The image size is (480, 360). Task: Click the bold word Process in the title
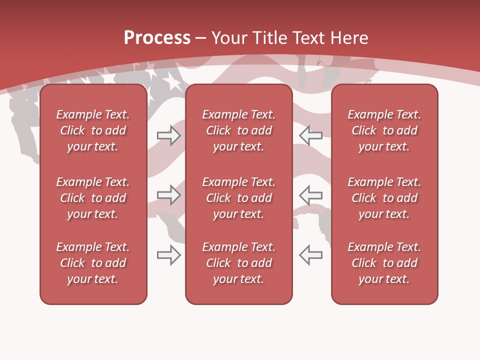[x=157, y=38]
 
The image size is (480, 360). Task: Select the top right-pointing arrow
[x=168, y=135]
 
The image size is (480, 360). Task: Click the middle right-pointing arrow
[x=168, y=194]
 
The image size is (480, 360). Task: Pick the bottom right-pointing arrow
[x=168, y=254]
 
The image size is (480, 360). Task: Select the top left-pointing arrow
[x=310, y=135]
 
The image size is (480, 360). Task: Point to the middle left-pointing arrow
[x=310, y=194]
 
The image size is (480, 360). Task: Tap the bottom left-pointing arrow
[x=310, y=254]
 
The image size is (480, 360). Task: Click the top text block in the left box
[x=93, y=130]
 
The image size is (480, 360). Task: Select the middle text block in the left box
[x=93, y=198]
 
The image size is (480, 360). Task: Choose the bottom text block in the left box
[x=93, y=263]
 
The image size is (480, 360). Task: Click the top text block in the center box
[x=238, y=130]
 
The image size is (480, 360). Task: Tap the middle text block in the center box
[x=238, y=198]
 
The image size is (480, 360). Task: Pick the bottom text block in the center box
[x=238, y=263]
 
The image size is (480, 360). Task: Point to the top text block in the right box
[x=384, y=130]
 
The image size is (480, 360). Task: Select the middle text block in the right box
[x=384, y=198]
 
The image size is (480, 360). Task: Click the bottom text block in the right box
[x=384, y=263]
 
